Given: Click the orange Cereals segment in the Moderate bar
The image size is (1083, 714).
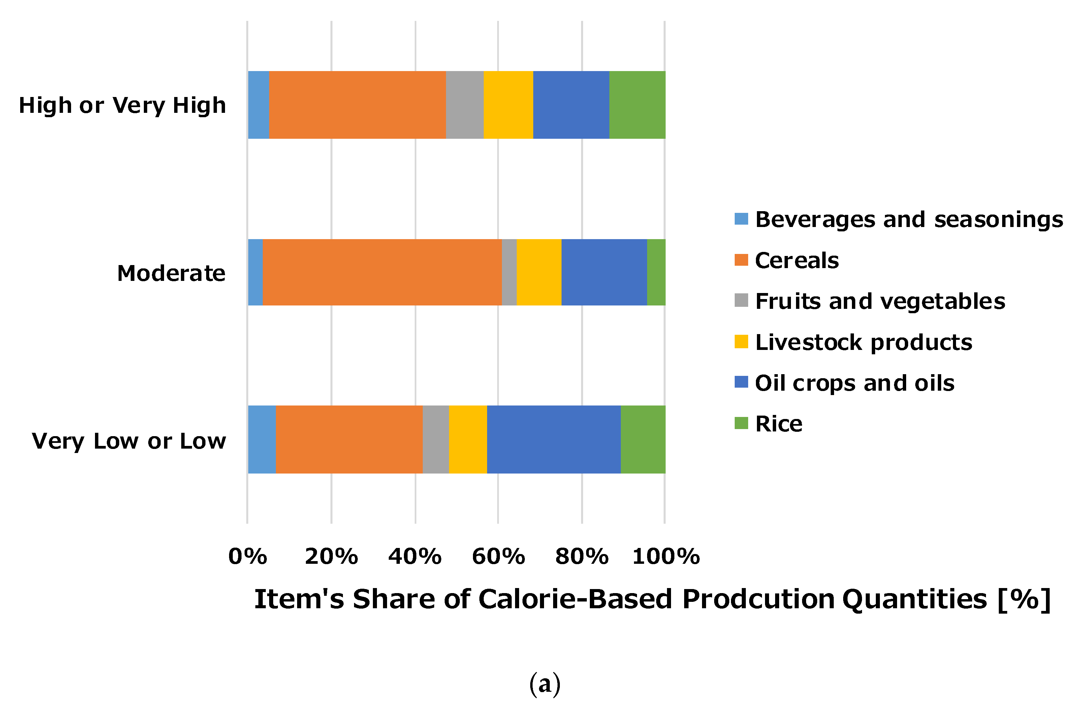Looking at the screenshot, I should coord(382,272).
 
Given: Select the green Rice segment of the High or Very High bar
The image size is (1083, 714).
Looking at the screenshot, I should coord(637,105).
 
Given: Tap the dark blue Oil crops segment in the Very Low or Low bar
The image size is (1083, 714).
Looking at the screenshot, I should coord(553,440).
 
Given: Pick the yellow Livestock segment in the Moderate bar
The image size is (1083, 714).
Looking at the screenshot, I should coord(538,272).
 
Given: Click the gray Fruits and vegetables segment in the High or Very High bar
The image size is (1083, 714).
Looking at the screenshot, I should coord(464,105).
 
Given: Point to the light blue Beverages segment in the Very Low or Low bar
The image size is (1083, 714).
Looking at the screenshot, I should coord(261,440).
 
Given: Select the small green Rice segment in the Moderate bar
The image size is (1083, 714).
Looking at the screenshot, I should coord(656,272).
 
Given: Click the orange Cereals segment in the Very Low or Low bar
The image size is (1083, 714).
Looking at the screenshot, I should coord(349,440).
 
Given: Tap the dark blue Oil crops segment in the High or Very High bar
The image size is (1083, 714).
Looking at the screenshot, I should coord(571,105).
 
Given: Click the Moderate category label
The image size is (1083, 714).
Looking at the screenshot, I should coord(171,274).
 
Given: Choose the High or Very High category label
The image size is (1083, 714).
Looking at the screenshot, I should coord(122,106).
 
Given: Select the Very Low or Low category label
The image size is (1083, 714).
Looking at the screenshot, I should coord(129,441).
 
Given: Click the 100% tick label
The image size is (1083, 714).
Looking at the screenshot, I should coord(665,556).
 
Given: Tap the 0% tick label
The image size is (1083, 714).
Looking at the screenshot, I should coord(247,556).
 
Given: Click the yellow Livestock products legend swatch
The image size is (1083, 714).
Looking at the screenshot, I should coord(741,342).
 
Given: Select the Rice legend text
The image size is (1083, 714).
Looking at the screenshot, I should coord(778,424).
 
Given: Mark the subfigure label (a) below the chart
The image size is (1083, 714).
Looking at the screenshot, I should coord(545,684).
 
